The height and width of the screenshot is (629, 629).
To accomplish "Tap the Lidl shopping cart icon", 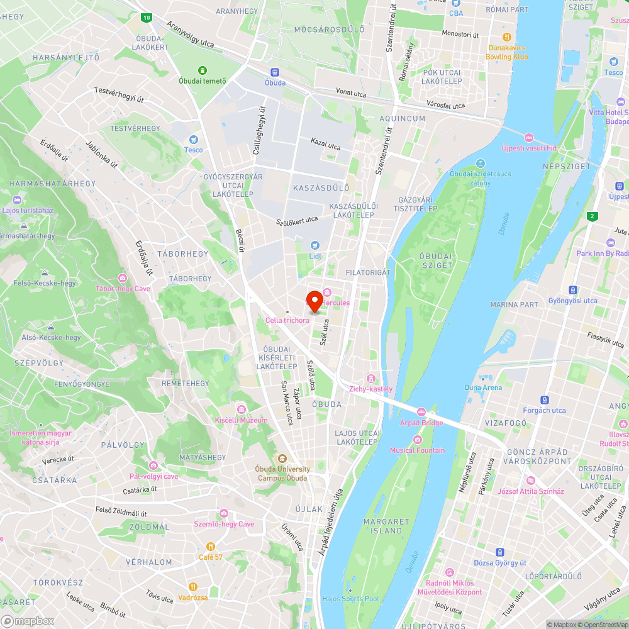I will (315, 245).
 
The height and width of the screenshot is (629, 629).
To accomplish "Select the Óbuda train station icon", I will (275, 72).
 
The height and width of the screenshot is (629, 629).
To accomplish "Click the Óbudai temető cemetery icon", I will (203, 70).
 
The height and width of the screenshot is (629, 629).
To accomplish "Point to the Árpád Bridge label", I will (421, 422).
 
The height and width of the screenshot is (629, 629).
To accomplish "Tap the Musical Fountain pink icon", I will (417, 440).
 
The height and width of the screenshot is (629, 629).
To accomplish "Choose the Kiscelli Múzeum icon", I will (241, 409).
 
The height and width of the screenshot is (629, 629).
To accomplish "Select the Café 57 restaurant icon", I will (211, 547).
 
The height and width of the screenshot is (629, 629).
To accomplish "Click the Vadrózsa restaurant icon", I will (192, 587).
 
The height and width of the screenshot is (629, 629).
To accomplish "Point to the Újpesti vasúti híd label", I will (529, 148).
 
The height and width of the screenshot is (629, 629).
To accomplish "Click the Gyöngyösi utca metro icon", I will (573, 290).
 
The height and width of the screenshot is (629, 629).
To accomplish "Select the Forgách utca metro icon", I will (545, 399).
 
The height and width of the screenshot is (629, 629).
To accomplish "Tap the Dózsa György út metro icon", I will (500, 552).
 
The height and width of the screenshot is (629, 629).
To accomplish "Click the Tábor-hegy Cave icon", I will (123, 278).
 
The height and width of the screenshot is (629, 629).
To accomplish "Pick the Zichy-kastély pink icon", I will (371, 378).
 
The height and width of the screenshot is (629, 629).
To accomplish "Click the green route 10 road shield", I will (147, 18).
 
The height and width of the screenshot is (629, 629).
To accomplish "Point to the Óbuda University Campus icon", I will (282, 459).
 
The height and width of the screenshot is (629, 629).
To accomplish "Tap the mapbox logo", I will (28, 621).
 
